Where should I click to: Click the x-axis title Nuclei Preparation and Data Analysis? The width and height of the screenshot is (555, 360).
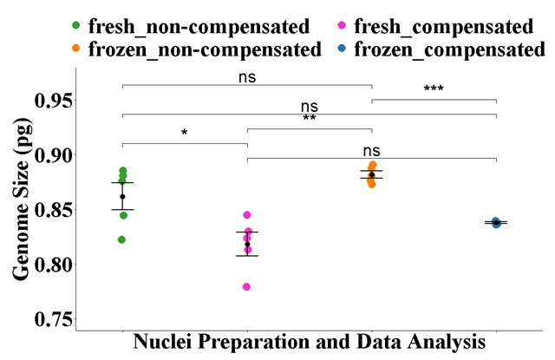309,343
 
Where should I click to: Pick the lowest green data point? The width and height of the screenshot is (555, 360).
122,239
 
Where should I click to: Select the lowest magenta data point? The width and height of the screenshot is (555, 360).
247,286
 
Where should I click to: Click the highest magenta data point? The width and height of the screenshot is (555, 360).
247,214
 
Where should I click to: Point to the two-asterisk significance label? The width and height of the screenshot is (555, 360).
309,119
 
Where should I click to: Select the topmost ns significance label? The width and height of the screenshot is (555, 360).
247,76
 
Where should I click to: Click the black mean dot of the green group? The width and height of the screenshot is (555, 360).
122,196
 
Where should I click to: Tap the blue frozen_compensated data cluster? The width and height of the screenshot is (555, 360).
496,223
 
